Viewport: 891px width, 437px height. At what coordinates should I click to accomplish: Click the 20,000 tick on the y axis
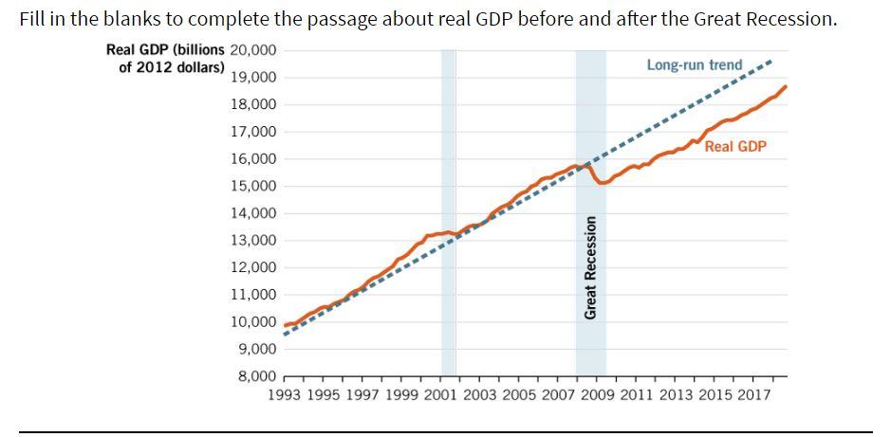(252, 50)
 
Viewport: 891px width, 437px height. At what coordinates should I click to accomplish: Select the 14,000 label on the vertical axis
(252, 213)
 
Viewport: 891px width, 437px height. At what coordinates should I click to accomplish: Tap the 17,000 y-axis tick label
(252, 132)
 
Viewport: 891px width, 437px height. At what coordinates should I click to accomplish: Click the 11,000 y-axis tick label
(252, 295)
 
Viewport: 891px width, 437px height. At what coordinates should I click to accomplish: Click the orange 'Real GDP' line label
(735, 147)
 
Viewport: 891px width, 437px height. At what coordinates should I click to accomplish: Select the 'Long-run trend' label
(695, 65)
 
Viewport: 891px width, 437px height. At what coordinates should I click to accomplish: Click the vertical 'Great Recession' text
(590, 267)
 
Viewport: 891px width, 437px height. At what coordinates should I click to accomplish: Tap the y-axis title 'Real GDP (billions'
(166, 50)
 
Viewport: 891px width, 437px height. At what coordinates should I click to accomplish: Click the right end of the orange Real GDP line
(786, 86)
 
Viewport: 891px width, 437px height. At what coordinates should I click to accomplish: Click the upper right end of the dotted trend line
(771, 60)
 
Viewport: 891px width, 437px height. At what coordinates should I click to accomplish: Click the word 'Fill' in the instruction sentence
(34, 20)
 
